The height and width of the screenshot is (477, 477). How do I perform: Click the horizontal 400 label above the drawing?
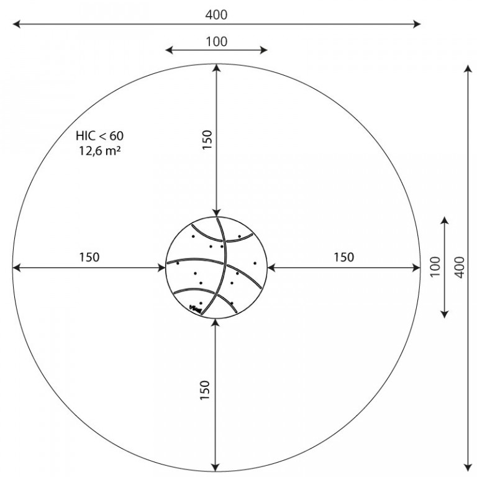click(216, 15)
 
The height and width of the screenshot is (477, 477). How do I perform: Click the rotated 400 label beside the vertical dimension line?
click(461, 267)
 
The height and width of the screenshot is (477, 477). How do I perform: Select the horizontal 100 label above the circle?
click(217, 42)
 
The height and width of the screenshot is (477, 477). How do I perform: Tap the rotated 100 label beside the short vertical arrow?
click(435, 267)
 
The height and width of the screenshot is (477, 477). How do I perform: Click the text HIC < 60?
click(100, 135)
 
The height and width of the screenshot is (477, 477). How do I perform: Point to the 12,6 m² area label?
click(100, 150)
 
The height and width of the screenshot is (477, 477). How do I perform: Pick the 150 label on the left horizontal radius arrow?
click(89, 257)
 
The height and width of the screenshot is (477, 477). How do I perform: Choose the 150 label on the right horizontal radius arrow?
click(343, 257)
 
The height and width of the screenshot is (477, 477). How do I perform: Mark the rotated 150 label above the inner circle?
click(207, 140)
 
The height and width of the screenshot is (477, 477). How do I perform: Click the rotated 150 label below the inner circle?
click(206, 390)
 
